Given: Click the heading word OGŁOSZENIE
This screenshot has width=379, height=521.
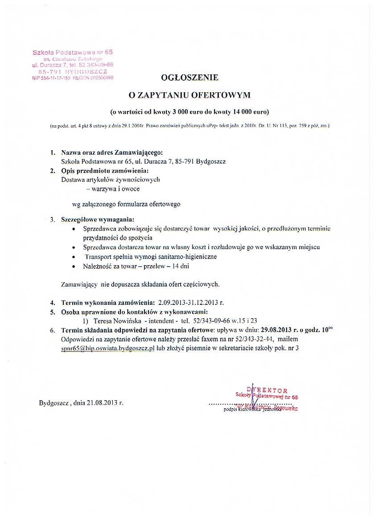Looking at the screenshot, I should tap(189, 78).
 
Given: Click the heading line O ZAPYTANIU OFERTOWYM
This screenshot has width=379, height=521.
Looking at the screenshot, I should tap(189, 94).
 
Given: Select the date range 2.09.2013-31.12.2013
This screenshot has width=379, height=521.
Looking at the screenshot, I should tap(188, 303).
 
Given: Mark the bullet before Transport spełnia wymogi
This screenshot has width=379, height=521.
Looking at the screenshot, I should tap(74, 257).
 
